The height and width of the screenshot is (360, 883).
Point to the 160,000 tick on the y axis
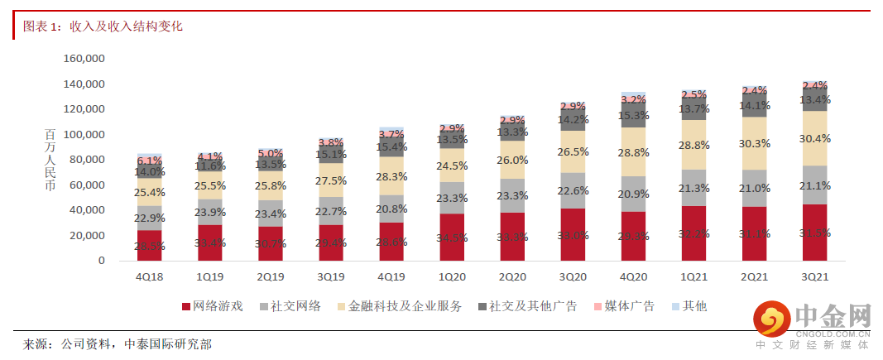pyautogui.click(x=84, y=59)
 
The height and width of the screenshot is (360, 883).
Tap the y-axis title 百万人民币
pyautogui.click(x=50, y=160)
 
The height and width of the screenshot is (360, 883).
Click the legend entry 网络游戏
pyautogui.click(x=218, y=306)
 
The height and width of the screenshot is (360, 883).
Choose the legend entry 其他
pyautogui.click(x=695, y=306)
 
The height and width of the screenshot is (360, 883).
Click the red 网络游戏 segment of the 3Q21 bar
pyautogui.click(x=815, y=233)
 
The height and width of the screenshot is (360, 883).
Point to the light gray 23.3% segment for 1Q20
pyautogui.click(x=452, y=198)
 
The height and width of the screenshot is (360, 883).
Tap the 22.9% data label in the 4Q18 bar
pyautogui.click(x=150, y=218)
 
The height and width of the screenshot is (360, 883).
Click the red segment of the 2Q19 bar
pyautogui.click(x=271, y=244)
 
